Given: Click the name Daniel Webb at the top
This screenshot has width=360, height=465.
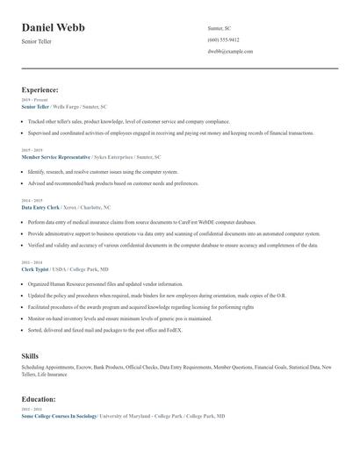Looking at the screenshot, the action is tap(54, 28).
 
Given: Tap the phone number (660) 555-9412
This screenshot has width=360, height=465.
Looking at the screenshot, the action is tap(223, 39).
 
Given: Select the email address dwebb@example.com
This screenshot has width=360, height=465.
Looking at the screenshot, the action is tap(230, 52).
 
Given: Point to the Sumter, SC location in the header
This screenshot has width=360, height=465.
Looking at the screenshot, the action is tap(220, 28).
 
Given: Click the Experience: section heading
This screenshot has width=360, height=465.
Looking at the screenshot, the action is tap(40, 89).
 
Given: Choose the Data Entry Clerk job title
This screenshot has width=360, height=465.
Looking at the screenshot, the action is tap(40, 207).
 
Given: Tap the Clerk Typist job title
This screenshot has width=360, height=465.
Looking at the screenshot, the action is tap(36, 269).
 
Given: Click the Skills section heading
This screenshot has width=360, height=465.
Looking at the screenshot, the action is tap(30, 355).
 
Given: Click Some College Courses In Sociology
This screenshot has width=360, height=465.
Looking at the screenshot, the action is tap(59, 416).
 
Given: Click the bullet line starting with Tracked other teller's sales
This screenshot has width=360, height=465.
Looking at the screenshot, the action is tap(128, 122).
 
